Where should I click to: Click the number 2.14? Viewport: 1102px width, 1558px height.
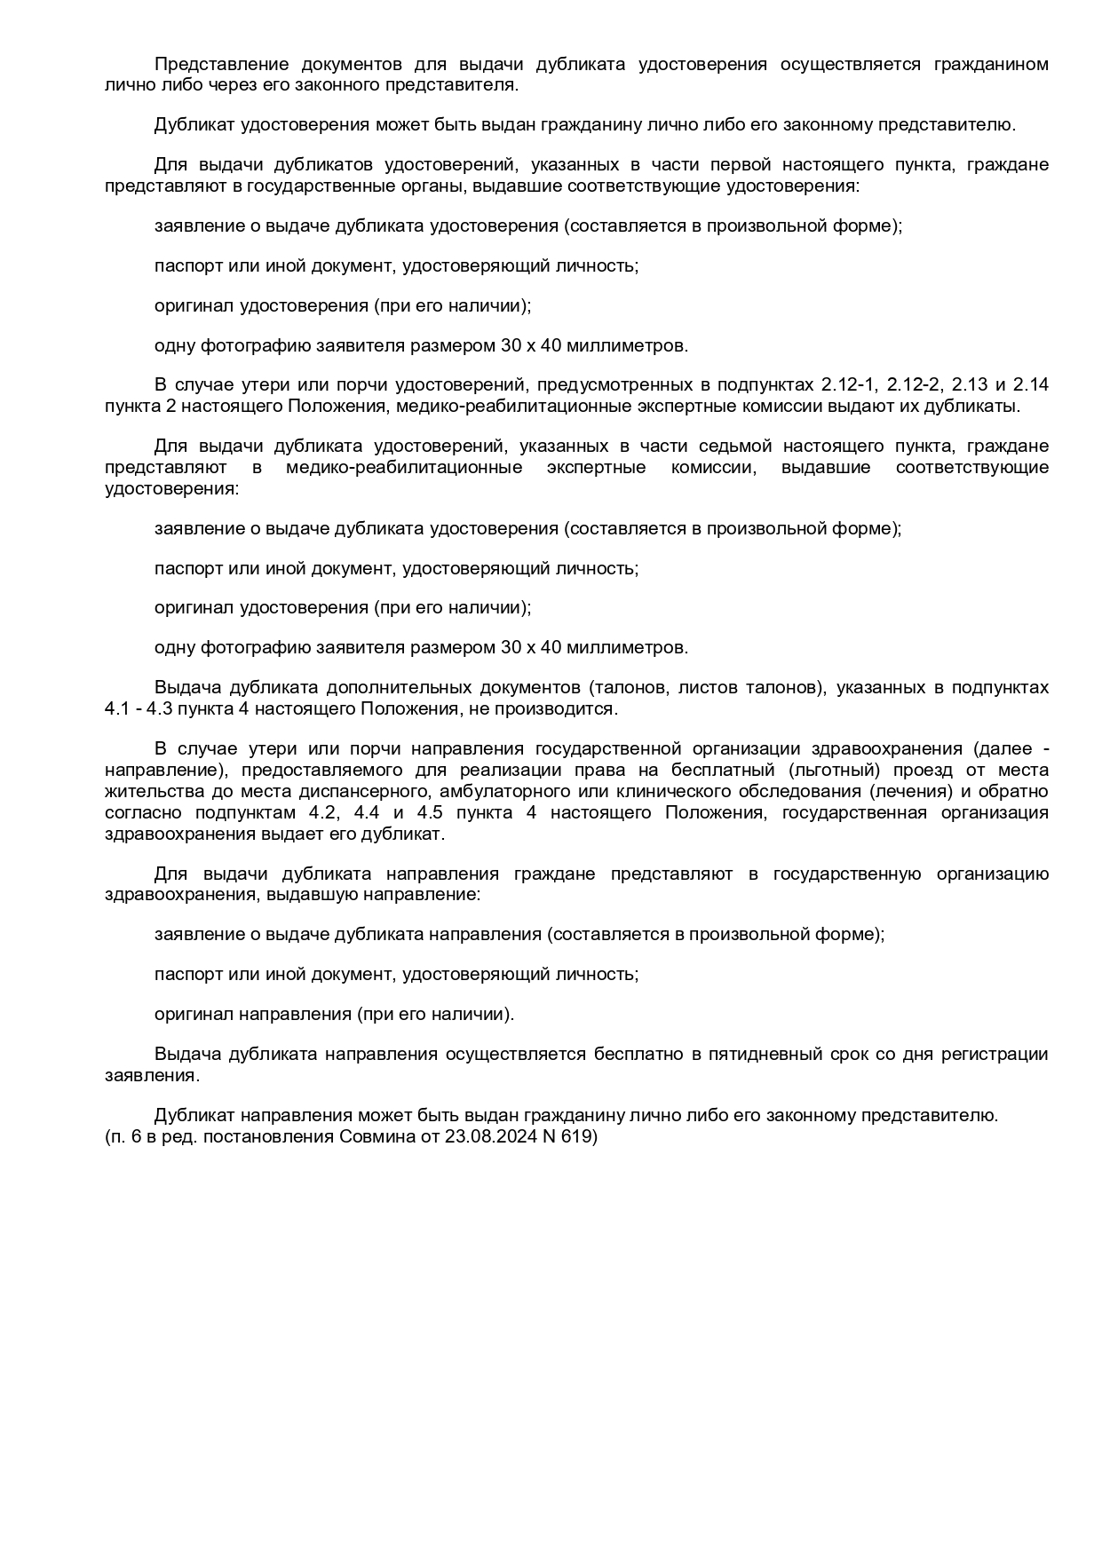(x=1030, y=385)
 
